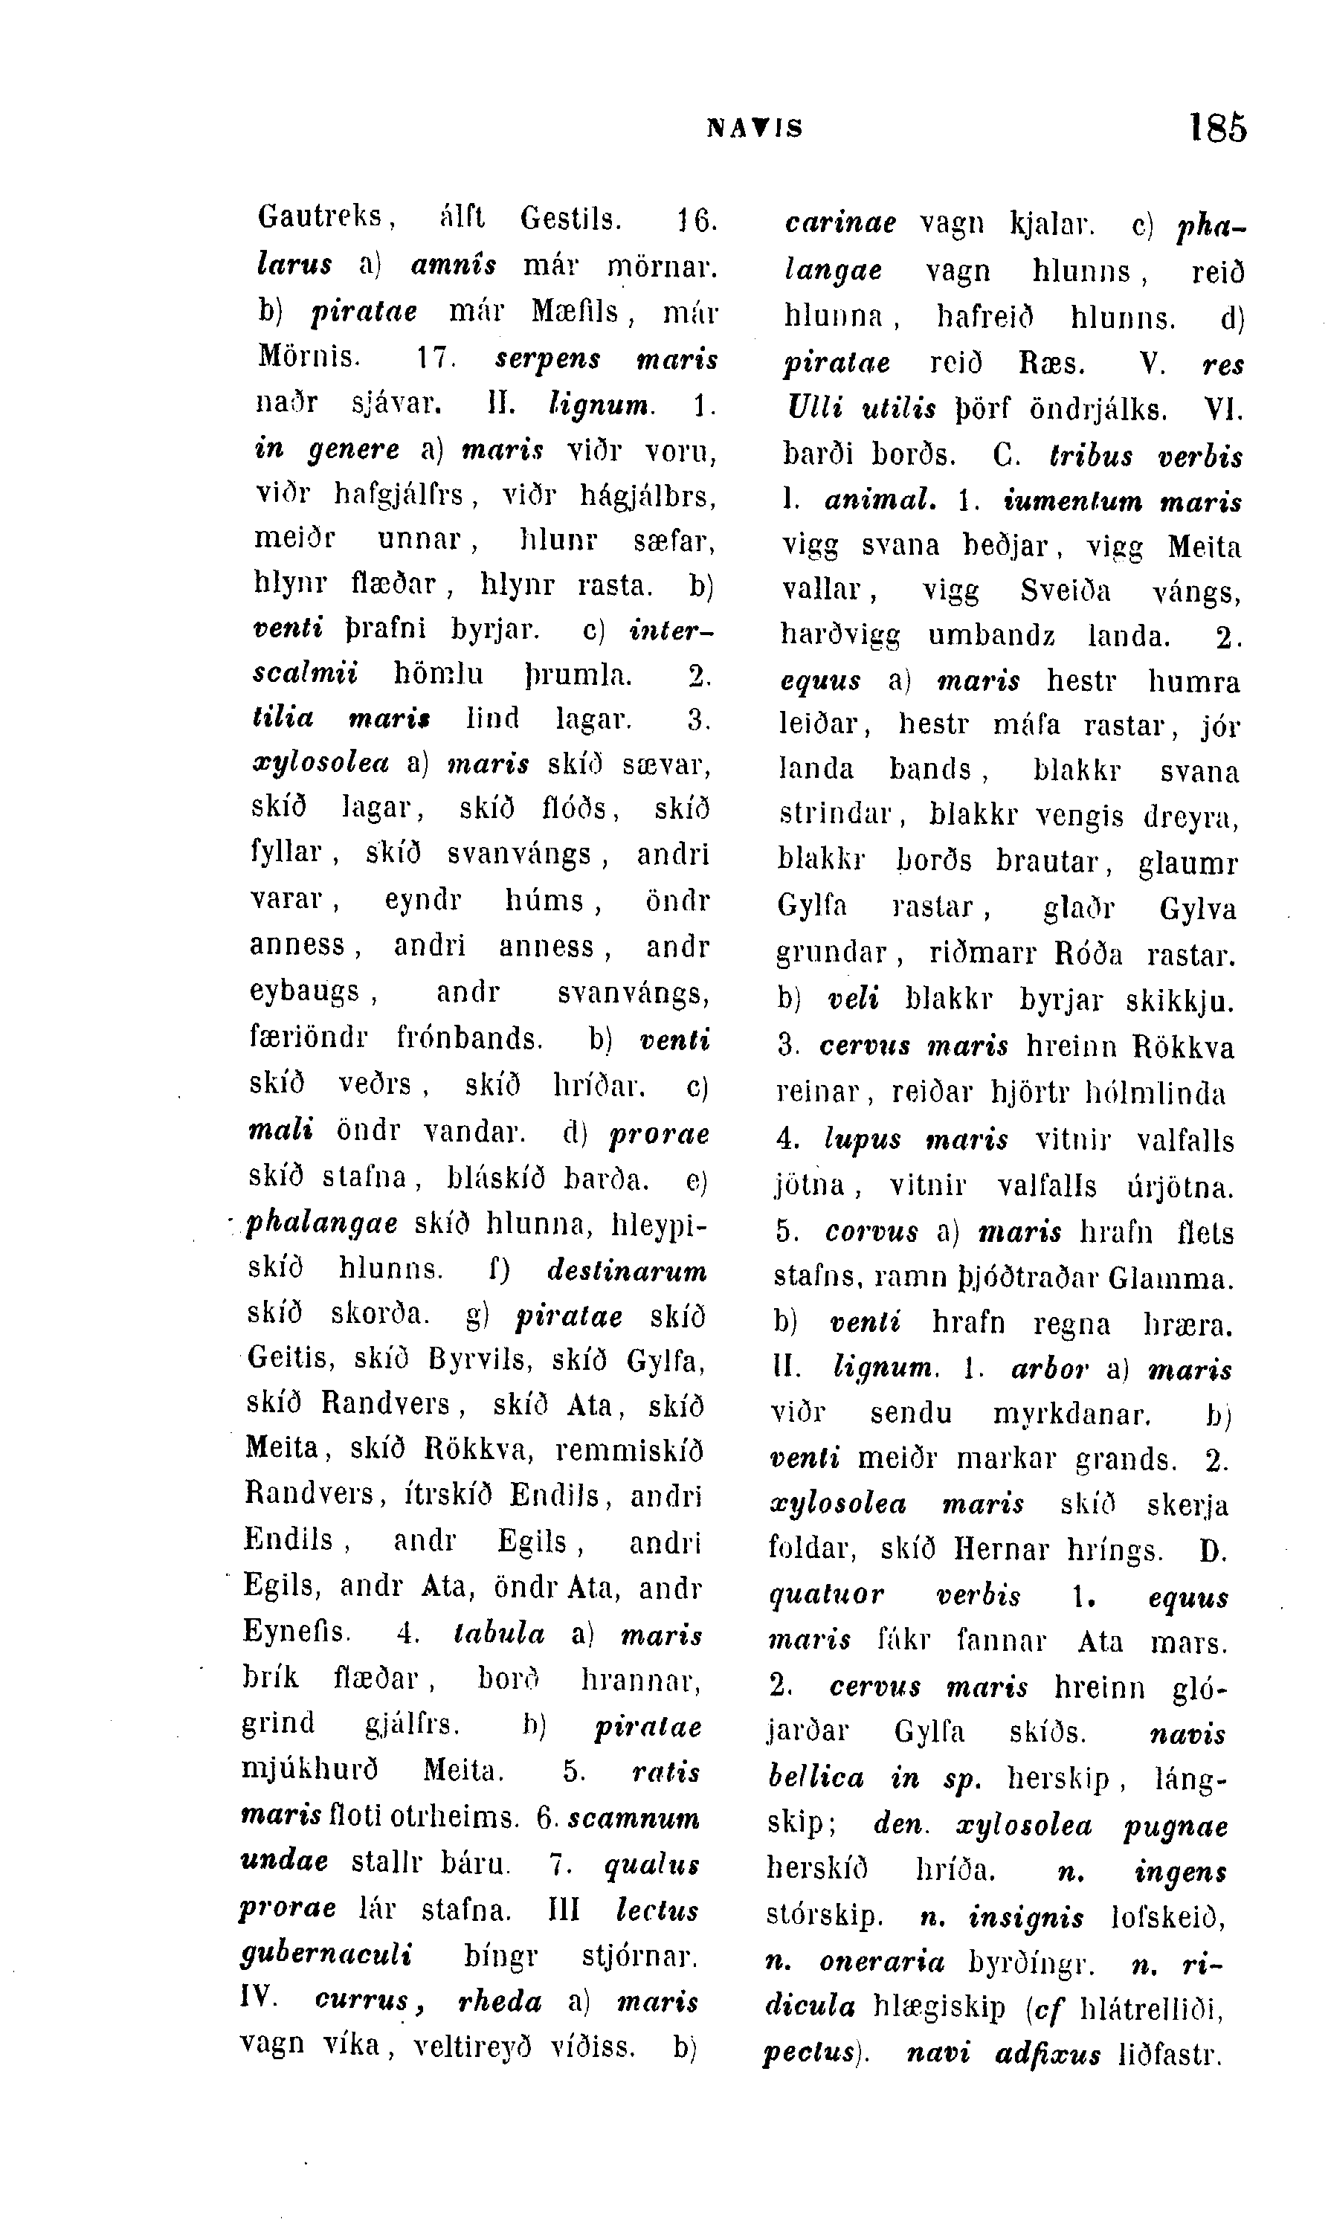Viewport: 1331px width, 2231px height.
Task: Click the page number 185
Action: (x=1217, y=127)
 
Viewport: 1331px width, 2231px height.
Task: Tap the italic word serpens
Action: (x=547, y=358)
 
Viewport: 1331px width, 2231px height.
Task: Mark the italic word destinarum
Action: (x=626, y=1270)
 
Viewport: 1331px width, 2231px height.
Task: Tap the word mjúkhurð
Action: (x=309, y=1771)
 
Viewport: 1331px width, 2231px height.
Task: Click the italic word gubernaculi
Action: (x=326, y=1954)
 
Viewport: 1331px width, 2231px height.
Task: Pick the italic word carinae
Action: (x=839, y=223)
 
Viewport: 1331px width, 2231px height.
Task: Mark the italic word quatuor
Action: (x=826, y=1596)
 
